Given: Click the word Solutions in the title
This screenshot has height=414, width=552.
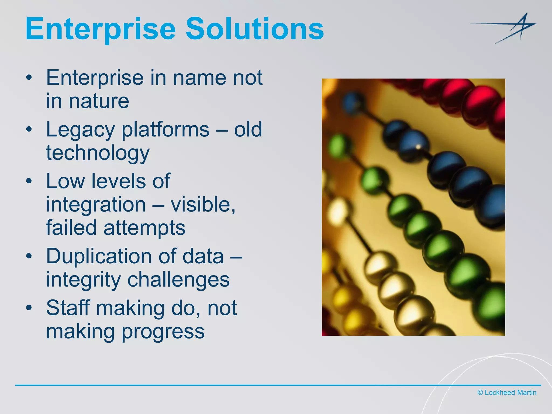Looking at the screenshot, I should point(255,29).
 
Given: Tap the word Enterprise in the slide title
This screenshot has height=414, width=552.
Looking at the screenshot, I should point(101,29).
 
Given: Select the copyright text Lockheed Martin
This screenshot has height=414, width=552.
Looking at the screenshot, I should point(507,392).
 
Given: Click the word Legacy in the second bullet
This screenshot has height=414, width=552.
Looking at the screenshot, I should point(80,130).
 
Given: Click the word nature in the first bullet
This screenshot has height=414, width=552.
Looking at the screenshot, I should point(99,101).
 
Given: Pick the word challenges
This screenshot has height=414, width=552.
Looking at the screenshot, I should point(178,280).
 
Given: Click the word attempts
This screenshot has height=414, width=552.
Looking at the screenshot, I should point(144,228).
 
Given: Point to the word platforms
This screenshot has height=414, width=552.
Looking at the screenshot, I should point(165,130).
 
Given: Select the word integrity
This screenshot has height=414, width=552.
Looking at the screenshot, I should point(83,280).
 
